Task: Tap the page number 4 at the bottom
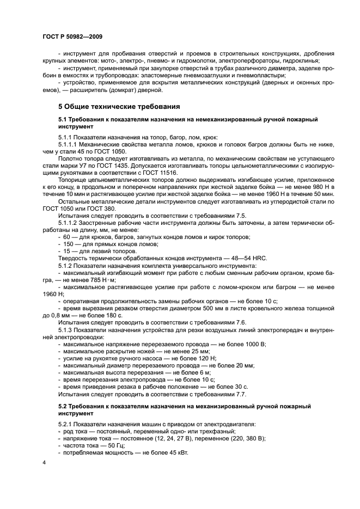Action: click(x=45, y=462)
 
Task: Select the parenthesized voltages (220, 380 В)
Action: click(x=240, y=438)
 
